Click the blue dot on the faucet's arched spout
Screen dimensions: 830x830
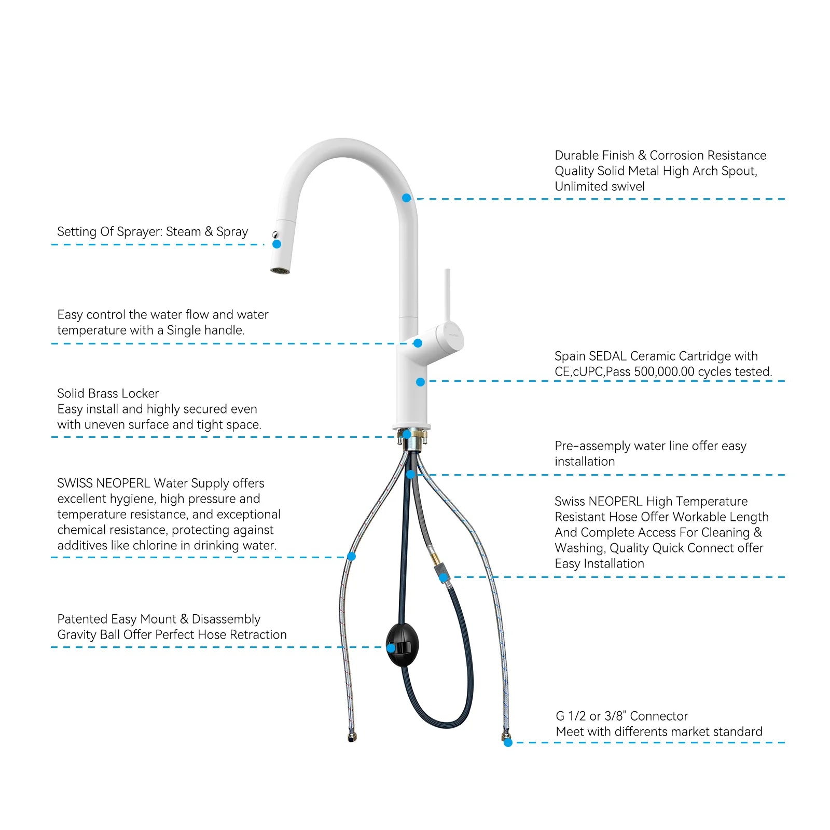click(x=407, y=198)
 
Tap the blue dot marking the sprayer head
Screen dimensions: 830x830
click(x=277, y=244)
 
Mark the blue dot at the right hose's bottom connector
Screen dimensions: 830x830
click(x=508, y=742)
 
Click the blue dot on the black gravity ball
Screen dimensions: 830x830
click(x=391, y=647)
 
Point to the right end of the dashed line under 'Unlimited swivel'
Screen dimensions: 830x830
click(x=785, y=199)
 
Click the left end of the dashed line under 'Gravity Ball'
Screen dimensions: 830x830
click(x=51, y=647)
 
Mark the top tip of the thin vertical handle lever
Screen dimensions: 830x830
click(x=447, y=270)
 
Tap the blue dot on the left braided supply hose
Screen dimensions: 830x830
click(x=351, y=557)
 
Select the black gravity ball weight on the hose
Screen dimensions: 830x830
click(x=403, y=644)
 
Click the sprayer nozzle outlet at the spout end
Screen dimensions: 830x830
click(x=280, y=270)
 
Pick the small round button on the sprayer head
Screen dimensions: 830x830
click(x=275, y=234)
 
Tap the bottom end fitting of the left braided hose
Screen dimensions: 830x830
click(x=352, y=737)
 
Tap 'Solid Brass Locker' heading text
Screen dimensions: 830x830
click(x=108, y=393)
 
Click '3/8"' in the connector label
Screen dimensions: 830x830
click(x=616, y=716)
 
